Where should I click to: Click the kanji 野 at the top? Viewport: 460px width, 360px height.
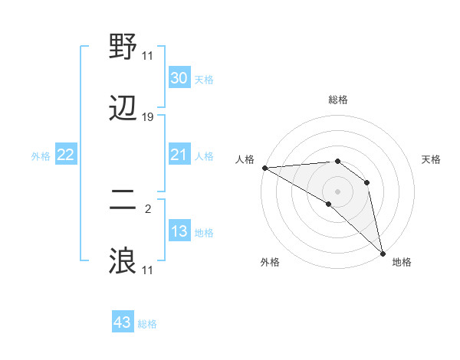click(x=123, y=48)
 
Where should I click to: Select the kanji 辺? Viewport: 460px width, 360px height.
click(x=123, y=110)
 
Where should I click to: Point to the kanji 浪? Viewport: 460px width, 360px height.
click(x=123, y=261)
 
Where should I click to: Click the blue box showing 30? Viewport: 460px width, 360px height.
click(x=179, y=78)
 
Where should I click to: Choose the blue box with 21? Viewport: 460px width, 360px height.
click(x=179, y=155)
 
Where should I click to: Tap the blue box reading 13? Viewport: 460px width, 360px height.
click(x=179, y=231)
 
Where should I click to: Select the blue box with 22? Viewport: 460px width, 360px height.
click(x=66, y=155)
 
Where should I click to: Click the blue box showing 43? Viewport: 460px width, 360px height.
click(x=123, y=322)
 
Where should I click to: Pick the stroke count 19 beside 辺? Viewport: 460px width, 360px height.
click(x=148, y=117)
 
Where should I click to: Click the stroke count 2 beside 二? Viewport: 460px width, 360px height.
click(x=148, y=208)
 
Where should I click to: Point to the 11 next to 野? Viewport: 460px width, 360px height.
click(x=148, y=55)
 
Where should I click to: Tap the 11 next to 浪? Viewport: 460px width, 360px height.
click(x=148, y=270)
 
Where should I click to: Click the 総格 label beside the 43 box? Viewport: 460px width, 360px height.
click(x=147, y=324)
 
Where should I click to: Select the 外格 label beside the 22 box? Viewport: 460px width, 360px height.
click(x=41, y=156)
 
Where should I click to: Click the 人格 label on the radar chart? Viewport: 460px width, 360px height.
click(x=245, y=159)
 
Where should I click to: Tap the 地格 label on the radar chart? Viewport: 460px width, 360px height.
click(x=402, y=262)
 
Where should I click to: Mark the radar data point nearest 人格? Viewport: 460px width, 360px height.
click(x=264, y=168)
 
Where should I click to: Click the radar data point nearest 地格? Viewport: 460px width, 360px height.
click(x=382, y=253)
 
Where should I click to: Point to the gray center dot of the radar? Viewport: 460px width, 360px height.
click(x=337, y=191)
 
